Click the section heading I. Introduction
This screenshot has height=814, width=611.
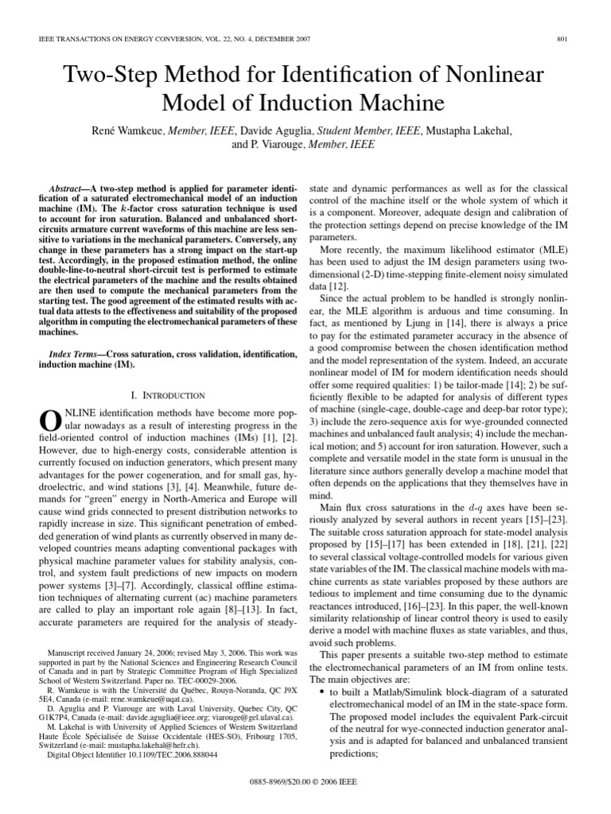point(167,395)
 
